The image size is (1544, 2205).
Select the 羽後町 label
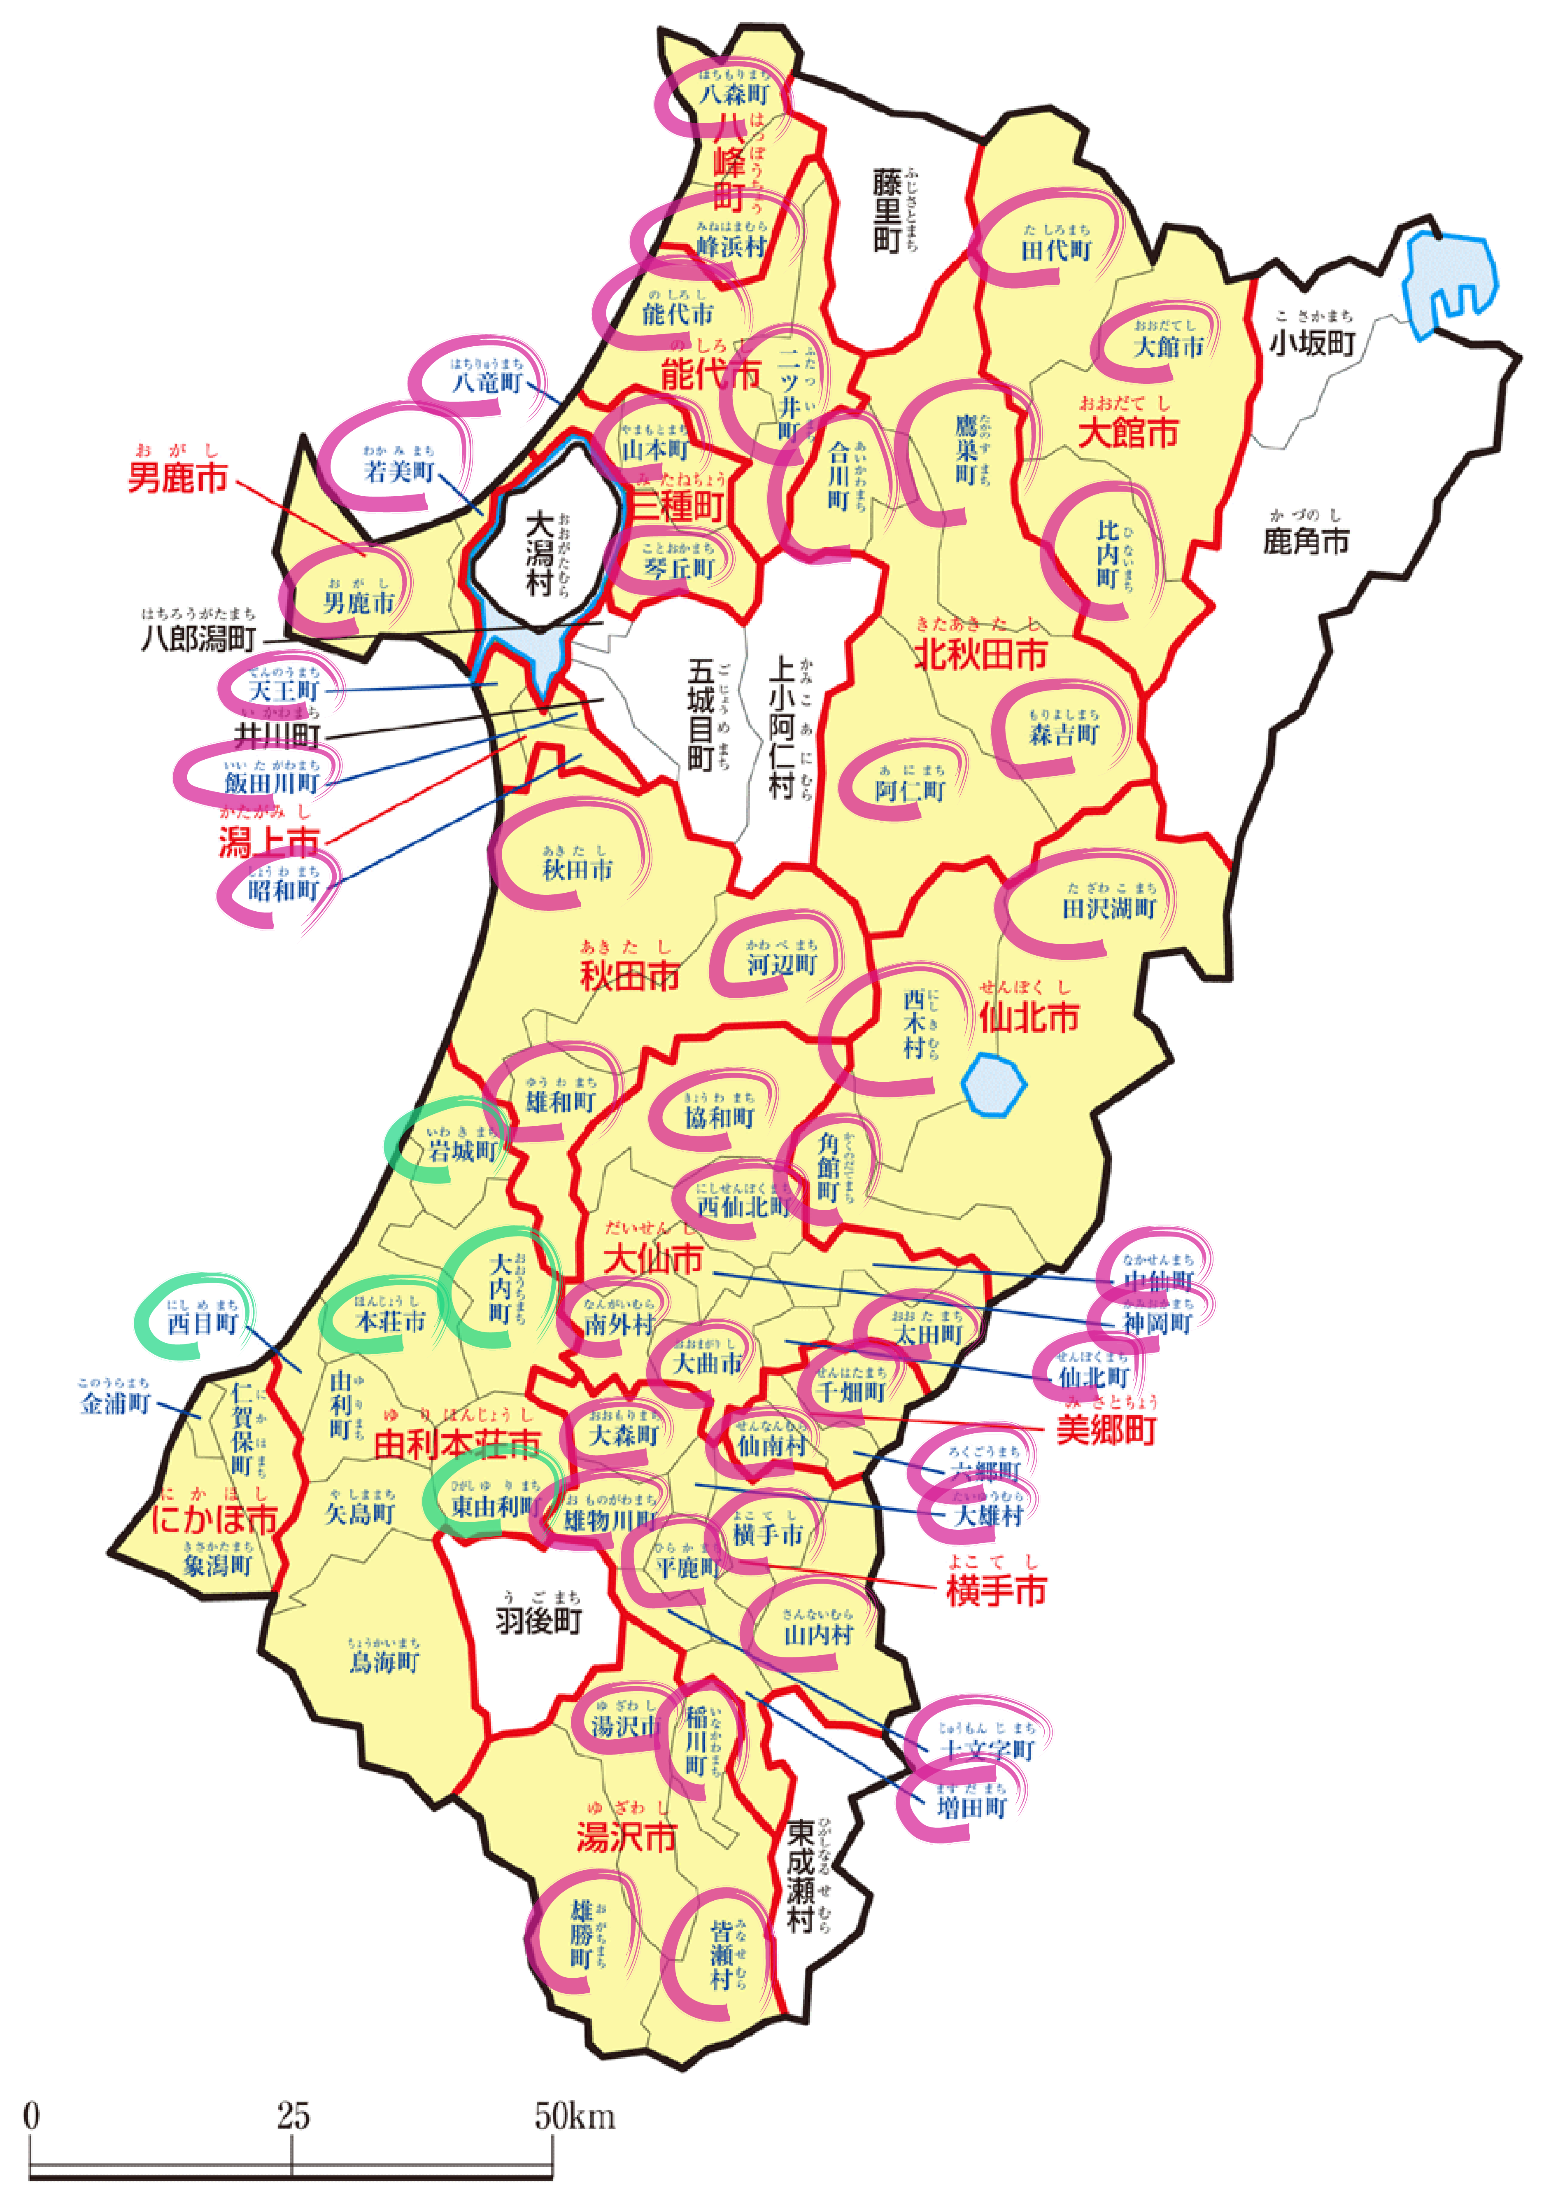(x=539, y=1621)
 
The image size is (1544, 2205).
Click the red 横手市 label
(x=996, y=1591)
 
